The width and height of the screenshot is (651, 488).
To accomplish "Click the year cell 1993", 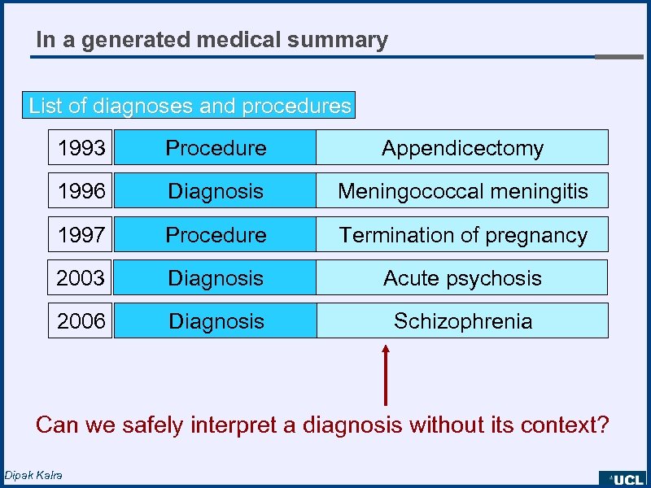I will click(81, 148).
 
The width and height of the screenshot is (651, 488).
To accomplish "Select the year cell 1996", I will click(81, 191).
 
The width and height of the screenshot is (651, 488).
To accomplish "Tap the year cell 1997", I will click(81, 235).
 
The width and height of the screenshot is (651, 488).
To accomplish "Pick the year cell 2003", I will click(81, 278).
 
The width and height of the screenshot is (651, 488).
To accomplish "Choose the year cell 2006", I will click(81, 321).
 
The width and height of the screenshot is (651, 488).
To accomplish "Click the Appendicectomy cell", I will click(462, 148).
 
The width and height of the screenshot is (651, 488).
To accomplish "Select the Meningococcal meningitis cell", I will click(462, 191).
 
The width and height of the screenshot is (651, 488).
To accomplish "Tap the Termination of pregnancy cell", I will click(462, 235).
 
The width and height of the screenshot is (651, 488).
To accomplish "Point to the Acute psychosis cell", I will click(462, 278).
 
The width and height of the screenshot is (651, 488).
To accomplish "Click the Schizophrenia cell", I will click(462, 321).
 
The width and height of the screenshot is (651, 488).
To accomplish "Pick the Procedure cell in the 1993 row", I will click(216, 148).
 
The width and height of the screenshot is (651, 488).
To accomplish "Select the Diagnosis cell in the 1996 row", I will click(216, 191).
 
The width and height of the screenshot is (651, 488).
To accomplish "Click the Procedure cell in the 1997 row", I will click(216, 235).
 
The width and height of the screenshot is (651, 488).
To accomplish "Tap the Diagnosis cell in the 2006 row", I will click(216, 321).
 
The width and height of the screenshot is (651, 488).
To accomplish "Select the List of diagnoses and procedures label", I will click(190, 106).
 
